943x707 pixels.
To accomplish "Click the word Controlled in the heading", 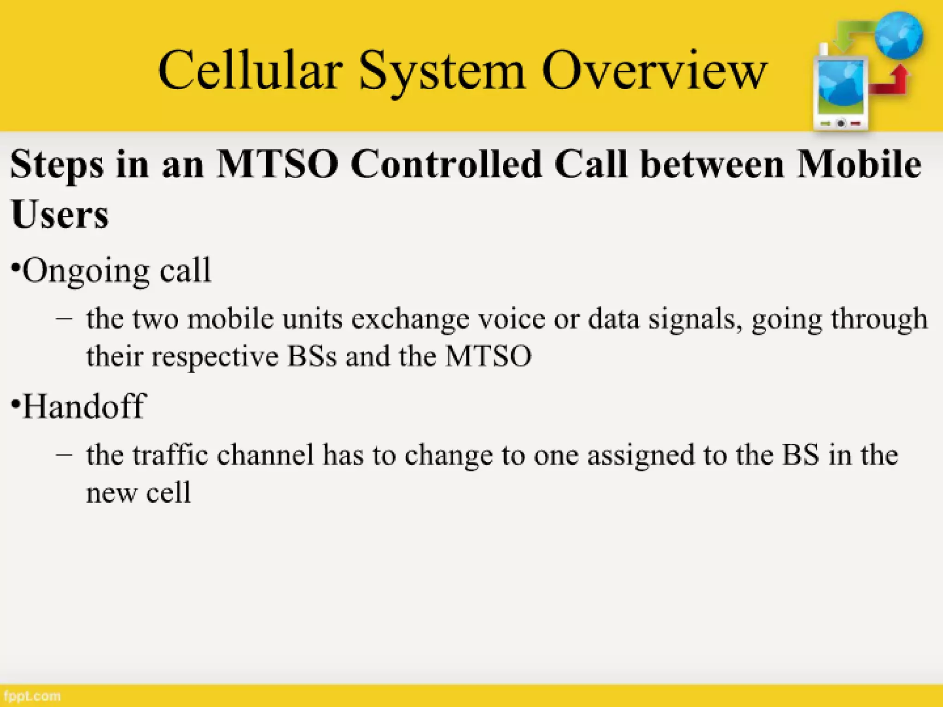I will pos(446,164).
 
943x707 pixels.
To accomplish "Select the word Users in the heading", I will pos(60,214).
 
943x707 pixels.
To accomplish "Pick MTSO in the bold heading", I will pos(278,164).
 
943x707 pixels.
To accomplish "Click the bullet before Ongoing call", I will pos(16,267).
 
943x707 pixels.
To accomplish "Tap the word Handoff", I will pos(84,406).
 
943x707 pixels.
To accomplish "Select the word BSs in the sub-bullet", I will pos(312,356).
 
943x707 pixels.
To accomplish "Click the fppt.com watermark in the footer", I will pos(31,696).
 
